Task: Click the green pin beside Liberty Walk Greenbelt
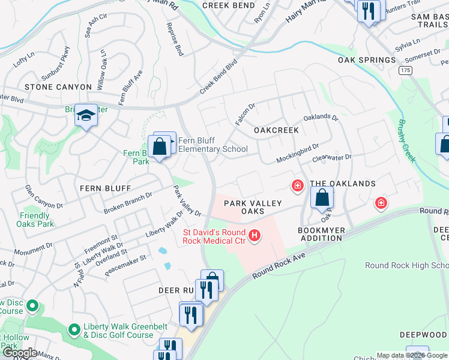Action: tap(74, 329)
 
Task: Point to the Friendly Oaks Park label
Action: tap(34, 220)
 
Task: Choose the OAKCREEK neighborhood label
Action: tap(276, 130)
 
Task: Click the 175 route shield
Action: tap(406, 71)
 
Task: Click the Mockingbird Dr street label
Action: tap(297, 154)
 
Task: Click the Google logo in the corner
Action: tap(20, 353)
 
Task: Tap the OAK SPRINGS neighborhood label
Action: tap(367, 60)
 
